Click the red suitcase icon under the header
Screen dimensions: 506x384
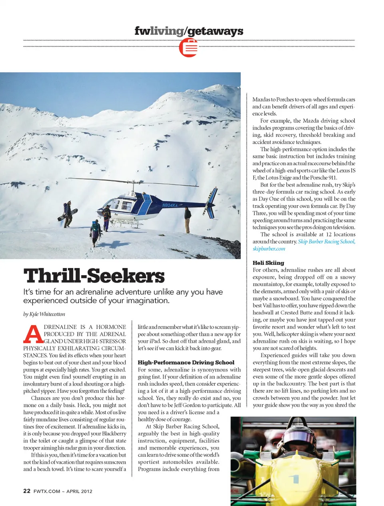point(188,48)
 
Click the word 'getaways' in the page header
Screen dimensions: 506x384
point(215,31)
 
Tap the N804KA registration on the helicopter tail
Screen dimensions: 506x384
point(170,205)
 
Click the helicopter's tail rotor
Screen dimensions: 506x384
point(211,196)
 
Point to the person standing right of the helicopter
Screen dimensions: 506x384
point(188,219)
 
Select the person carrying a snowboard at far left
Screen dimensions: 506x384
point(68,215)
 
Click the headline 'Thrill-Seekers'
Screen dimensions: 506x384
point(94,276)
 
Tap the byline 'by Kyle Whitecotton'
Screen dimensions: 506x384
point(44,314)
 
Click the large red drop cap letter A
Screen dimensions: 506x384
point(33,334)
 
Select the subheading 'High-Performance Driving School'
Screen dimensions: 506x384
point(186,362)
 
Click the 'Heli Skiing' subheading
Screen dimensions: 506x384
point(268,263)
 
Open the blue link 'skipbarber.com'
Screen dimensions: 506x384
point(268,248)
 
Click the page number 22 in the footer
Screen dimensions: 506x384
point(27,491)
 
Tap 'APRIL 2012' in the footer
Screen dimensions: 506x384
point(79,491)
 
